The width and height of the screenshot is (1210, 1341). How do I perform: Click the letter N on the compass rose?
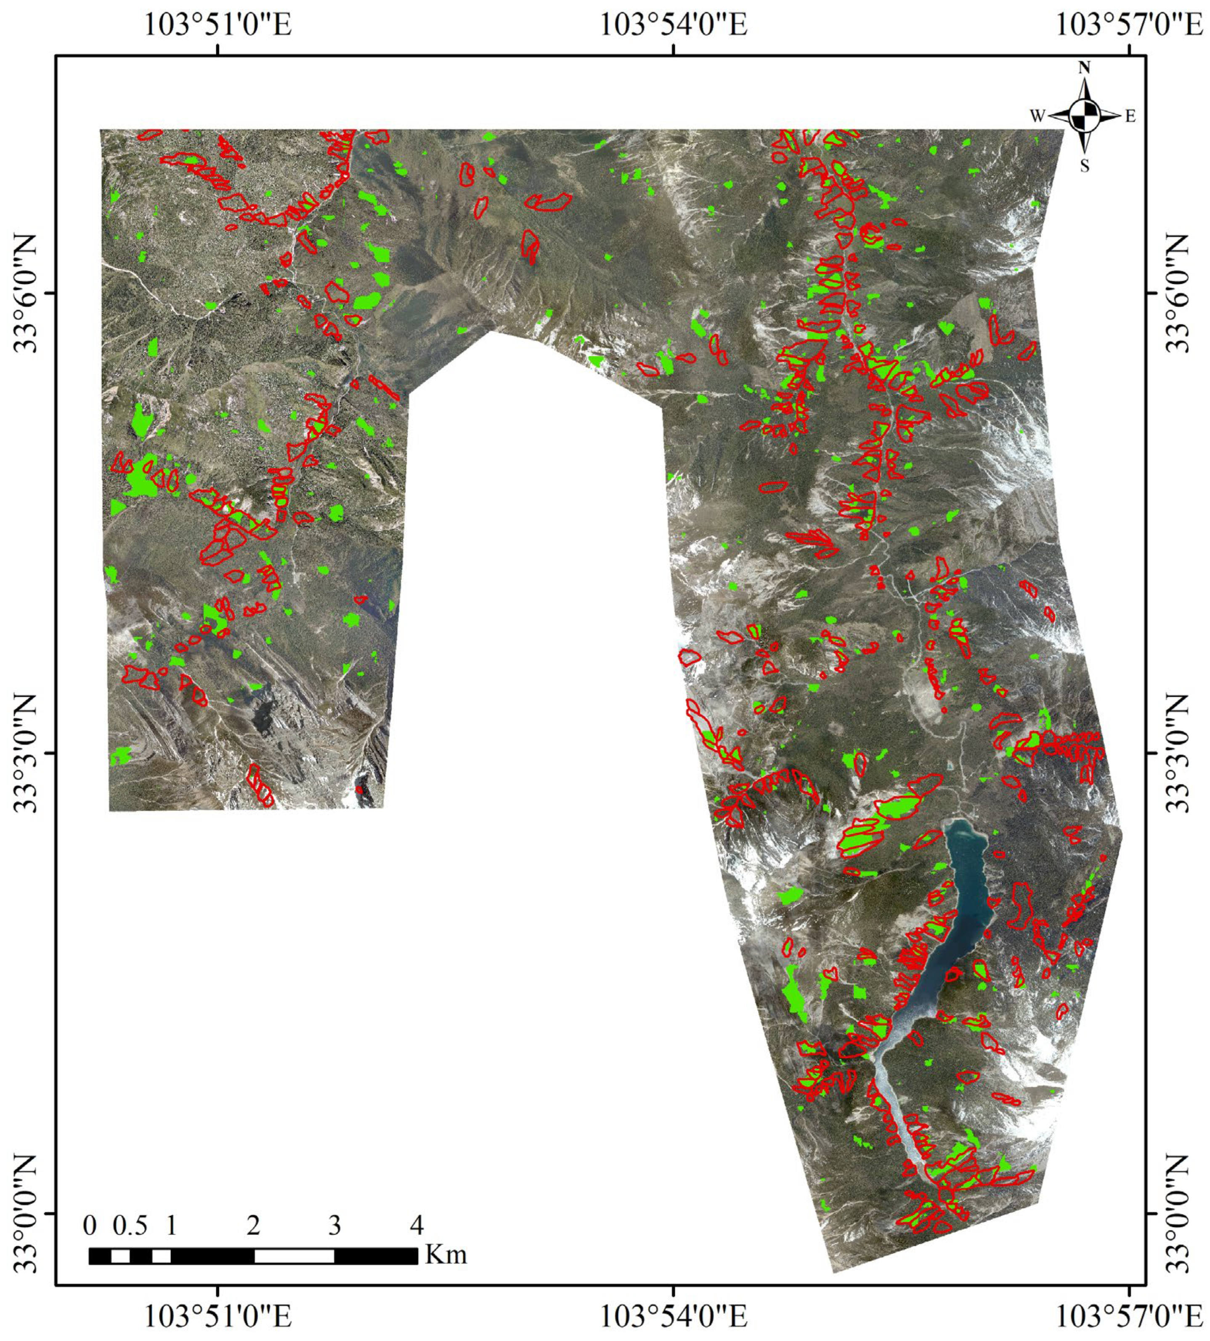coord(1084,68)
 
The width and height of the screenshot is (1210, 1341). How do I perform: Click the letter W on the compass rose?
coord(1037,116)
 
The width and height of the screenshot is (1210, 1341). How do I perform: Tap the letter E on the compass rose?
coord(1130,116)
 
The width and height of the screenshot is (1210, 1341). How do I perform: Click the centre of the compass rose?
coord(1084,116)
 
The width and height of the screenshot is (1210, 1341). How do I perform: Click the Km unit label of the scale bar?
coord(446,1255)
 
